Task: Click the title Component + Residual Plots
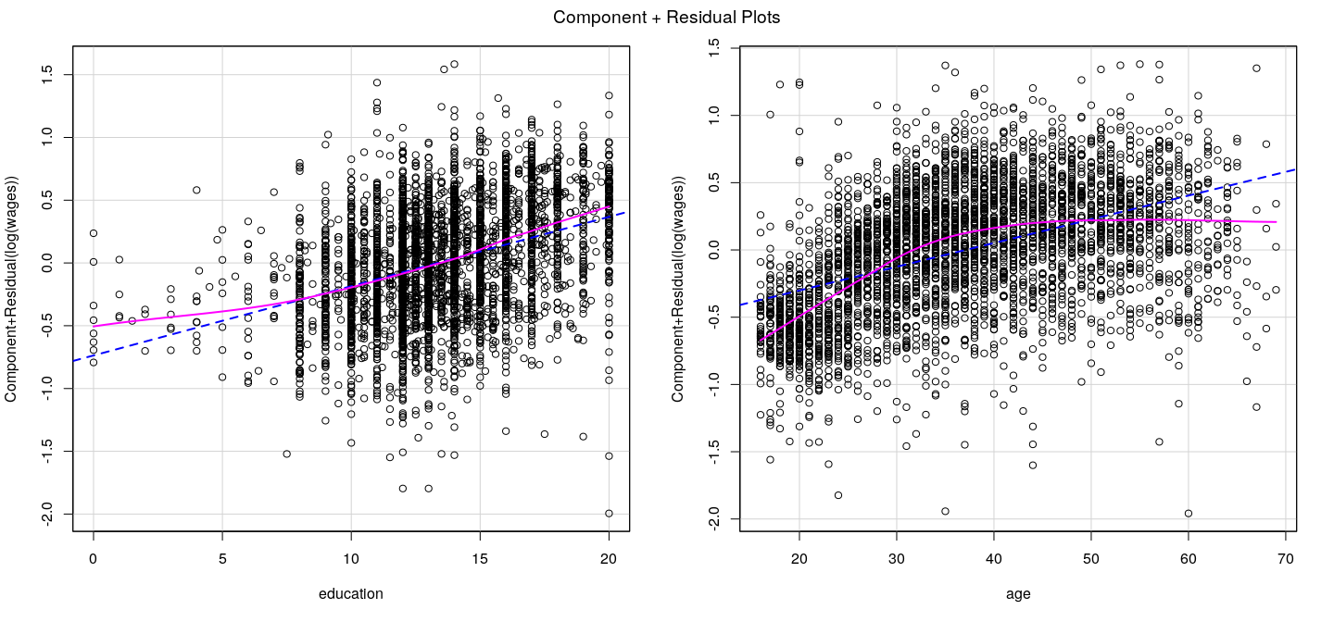point(666,17)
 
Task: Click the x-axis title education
point(350,594)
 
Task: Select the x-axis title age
point(1017,594)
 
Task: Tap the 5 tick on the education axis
point(222,558)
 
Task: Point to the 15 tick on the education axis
point(480,558)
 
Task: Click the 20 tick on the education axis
point(609,558)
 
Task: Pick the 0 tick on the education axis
point(94,558)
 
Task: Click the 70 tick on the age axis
point(1287,558)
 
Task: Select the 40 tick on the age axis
point(994,558)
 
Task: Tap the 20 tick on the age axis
point(799,558)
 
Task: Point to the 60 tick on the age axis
point(1189,558)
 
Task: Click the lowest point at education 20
point(609,513)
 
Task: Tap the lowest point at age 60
point(1189,513)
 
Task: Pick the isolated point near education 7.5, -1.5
point(287,454)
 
